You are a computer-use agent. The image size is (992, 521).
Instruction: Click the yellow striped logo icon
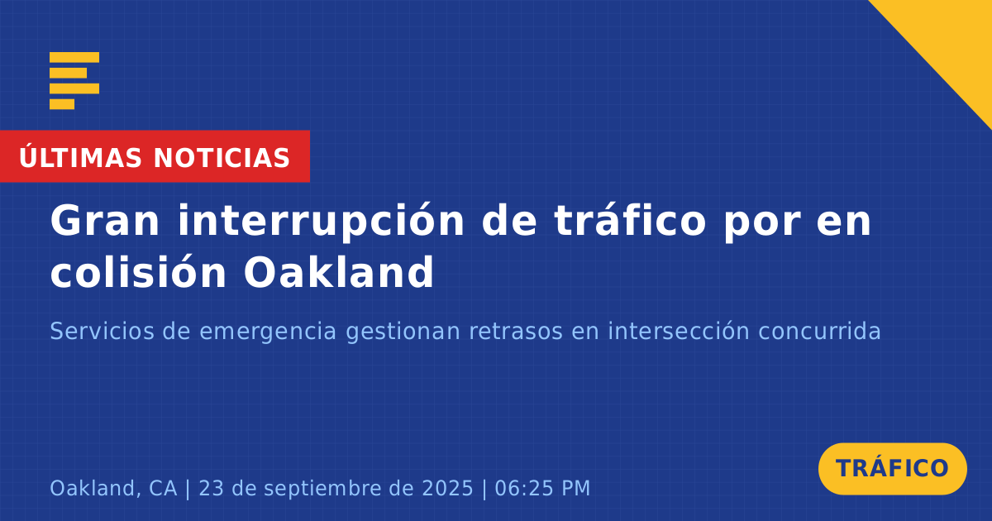tap(74, 81)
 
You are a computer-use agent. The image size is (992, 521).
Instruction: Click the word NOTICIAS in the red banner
tap(222, 158)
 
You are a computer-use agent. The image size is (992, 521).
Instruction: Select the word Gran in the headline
tap(104, 221)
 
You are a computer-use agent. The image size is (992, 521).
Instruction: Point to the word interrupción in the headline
tap(321, 222)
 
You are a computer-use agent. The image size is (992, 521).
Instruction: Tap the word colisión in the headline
tap(138, 271)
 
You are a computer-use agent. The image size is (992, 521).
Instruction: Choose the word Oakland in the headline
tap(339, 271)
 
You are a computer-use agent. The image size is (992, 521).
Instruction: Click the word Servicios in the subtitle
tap(102, 331)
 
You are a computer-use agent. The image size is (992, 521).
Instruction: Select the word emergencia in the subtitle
tap(268, 332)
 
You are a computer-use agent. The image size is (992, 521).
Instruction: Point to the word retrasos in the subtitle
tap(516, 332)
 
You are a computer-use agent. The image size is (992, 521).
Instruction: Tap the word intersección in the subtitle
tap(679, 331)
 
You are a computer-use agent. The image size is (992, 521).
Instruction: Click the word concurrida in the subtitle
tap(819, 331)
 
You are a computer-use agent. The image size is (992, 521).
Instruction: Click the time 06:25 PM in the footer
tap(542, 488)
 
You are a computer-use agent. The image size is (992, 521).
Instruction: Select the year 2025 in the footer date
tap(447, 488)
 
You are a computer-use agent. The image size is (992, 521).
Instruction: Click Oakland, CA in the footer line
tap(113, 489)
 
